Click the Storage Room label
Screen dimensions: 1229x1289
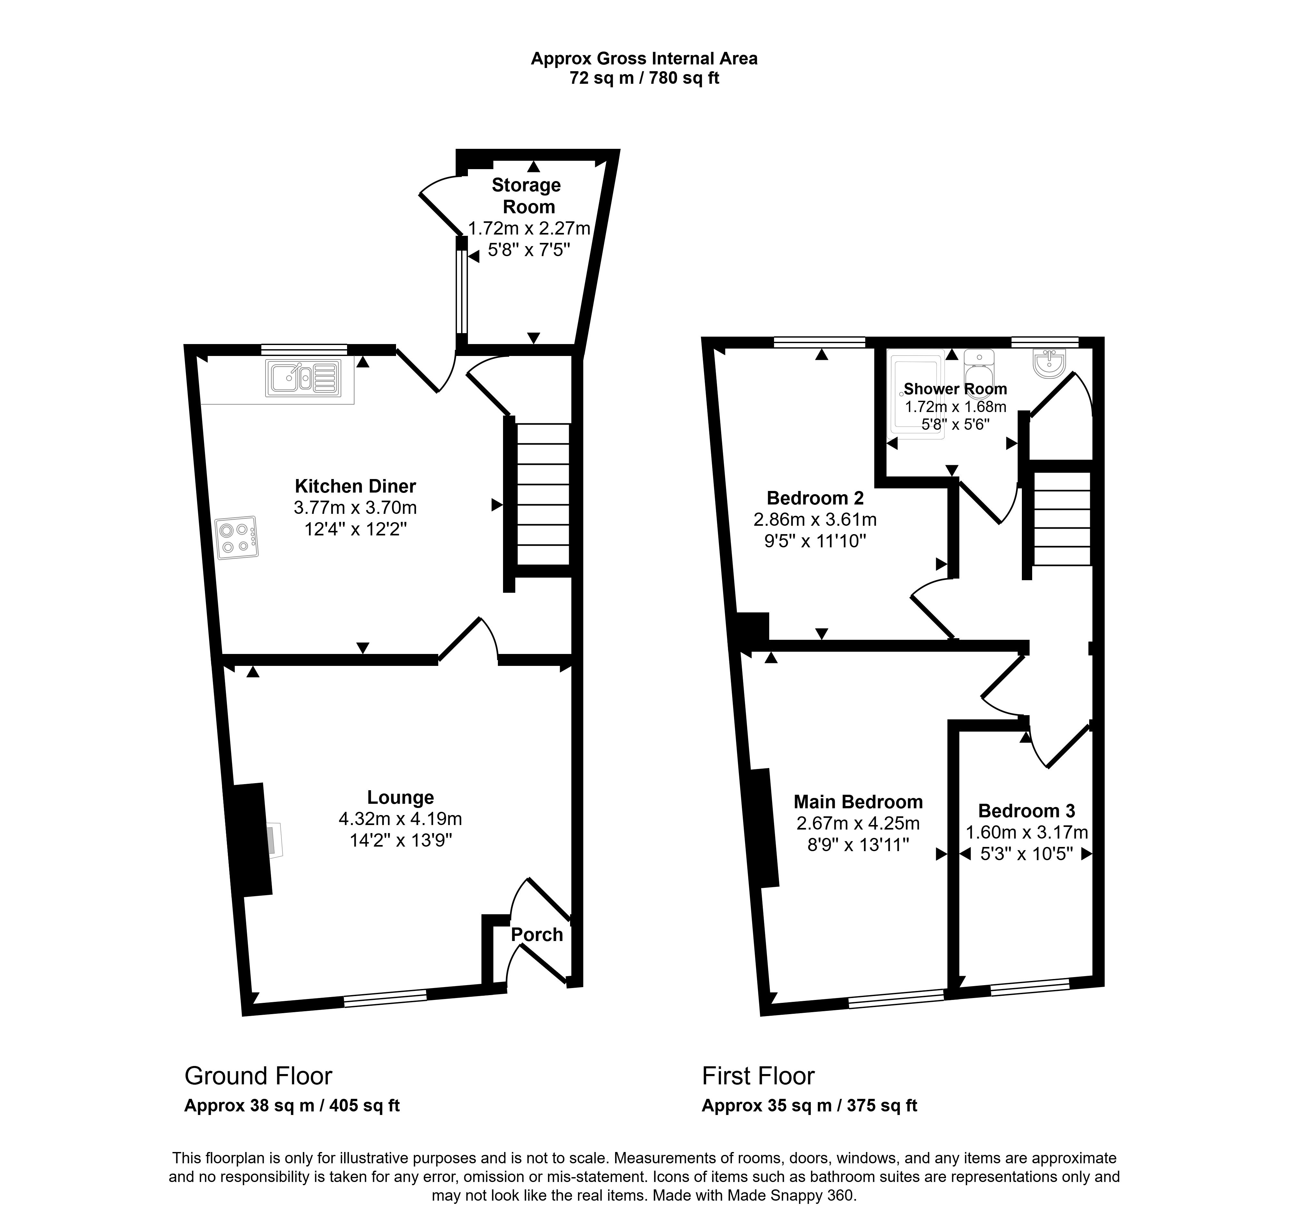(527, 196)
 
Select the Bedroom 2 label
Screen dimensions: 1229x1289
(815, 498)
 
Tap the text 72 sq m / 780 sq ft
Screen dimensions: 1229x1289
(644, 78)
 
